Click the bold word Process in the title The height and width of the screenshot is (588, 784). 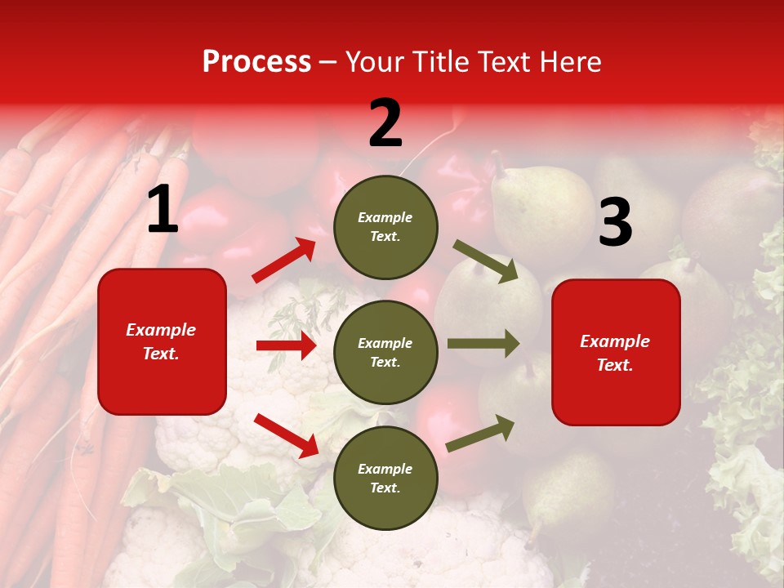click(256, 62)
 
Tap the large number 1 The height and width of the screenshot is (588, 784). click(163, 211)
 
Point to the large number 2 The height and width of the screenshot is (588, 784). click(385, 124)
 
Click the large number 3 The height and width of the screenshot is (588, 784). click(615, 223)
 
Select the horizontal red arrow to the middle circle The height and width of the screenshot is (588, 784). click(286, 345)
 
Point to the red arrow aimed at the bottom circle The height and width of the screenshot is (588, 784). click(286, 434)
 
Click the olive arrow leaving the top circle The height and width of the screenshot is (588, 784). click(486, 261)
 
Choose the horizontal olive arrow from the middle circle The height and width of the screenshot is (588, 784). click(483, 343)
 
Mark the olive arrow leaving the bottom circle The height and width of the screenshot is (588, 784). click(480, 433)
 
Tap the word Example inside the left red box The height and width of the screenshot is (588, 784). click(161, 330)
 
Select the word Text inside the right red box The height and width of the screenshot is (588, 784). click(615, 365)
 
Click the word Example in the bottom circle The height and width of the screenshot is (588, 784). click(385, 469)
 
